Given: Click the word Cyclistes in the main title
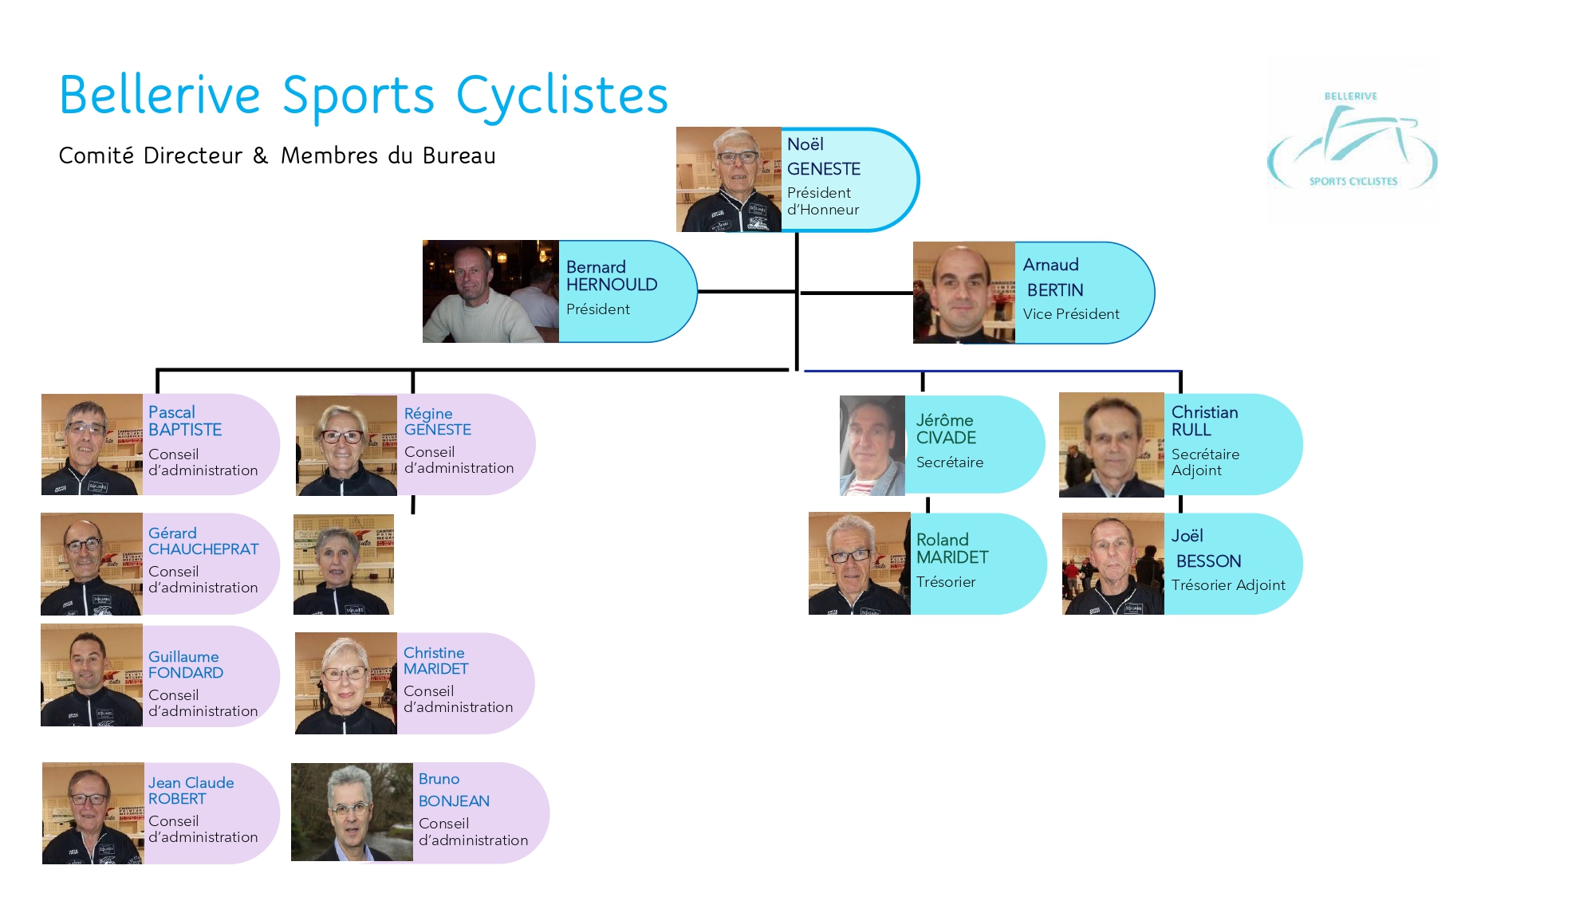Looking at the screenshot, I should [561, 96].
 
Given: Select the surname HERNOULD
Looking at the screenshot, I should [612, 285].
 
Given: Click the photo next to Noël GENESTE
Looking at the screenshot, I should [728, 179].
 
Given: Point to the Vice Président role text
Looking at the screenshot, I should [1071, 314].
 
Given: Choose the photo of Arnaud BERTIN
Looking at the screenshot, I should [963, 293].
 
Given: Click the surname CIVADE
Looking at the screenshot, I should [946, 438].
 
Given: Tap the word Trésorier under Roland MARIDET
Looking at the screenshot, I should [946, 582].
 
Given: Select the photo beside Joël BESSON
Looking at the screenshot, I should [1113, 565].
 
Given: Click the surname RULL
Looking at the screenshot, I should [1191, 430].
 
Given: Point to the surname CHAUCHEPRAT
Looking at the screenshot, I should [203, 549].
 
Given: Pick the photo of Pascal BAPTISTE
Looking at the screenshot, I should [92, 445].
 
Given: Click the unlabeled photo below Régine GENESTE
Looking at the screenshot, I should [344, 565].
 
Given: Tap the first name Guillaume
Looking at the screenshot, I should [183, 657].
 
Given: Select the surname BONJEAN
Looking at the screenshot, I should [454, 801].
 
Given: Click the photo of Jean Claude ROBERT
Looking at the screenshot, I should [93, 813].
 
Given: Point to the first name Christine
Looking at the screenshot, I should [434, 653].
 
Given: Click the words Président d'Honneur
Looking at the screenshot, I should [822, 202].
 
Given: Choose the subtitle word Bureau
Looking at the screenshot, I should [459, 155].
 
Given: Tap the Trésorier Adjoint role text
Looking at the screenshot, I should [1228, 585].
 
